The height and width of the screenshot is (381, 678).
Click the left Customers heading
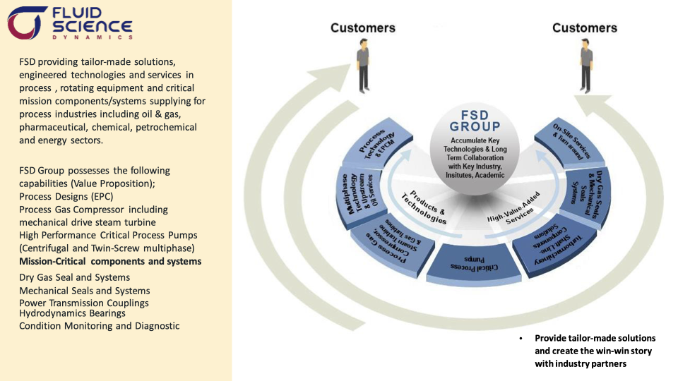coord(362,28)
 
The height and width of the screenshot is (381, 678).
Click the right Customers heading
coord(584,28)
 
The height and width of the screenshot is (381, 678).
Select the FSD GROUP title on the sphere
coord(475,121)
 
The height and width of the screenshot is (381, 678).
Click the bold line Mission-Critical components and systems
coord(110,261)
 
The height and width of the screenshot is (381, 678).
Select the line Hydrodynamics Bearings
coord(72,313)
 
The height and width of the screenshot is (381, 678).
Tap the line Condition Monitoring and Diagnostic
coord(99,326)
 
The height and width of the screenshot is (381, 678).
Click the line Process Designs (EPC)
coord(66,196)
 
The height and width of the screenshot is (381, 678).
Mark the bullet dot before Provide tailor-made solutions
coord(521,339)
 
